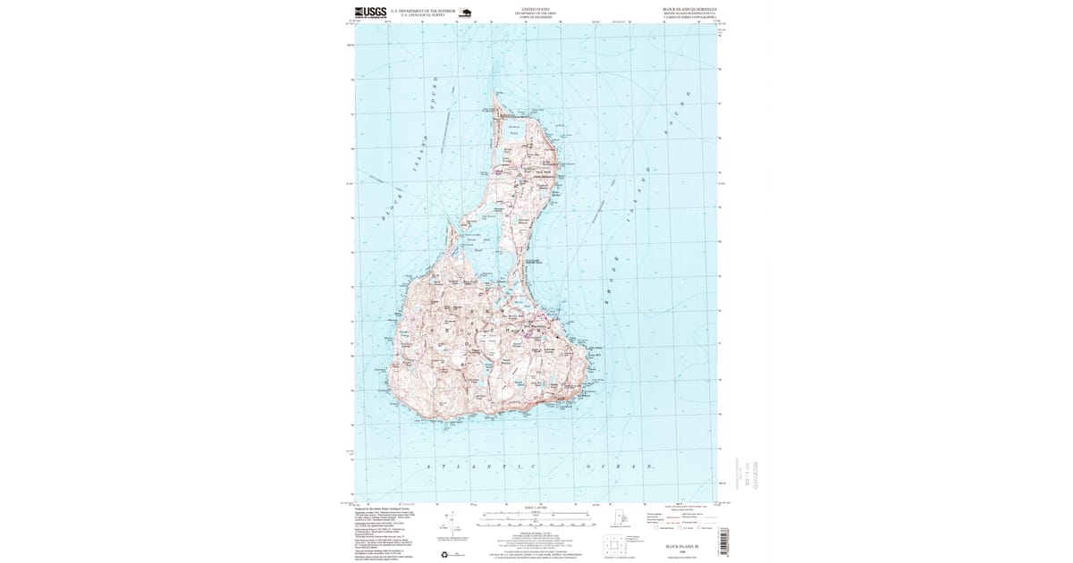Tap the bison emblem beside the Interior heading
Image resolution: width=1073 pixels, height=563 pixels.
[465, 13]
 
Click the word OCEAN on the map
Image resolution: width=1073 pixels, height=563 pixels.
[621, 467]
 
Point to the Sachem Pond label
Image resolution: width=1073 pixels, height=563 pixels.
[513, 130]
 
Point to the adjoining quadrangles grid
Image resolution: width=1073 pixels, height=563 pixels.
[613, 546]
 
